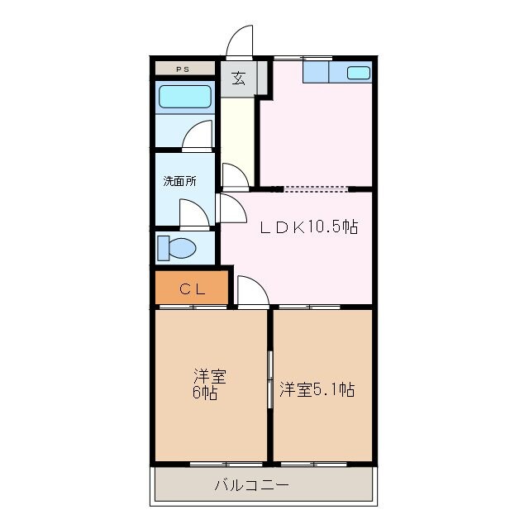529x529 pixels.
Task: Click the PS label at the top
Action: [182, 69]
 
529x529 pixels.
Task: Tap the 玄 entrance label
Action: [239, 79]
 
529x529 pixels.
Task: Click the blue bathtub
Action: [185, 97]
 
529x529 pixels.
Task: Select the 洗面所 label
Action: [179, 181]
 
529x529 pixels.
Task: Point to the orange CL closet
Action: [192, 289]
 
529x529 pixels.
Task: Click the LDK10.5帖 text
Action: [309, 227]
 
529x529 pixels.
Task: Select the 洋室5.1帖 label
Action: [317, 389]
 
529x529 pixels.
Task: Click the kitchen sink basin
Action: [359, 73]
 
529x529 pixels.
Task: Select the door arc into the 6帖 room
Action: [251, 291]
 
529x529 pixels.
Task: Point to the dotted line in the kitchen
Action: [316, 188]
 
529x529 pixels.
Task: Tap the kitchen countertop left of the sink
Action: [316, 72]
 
